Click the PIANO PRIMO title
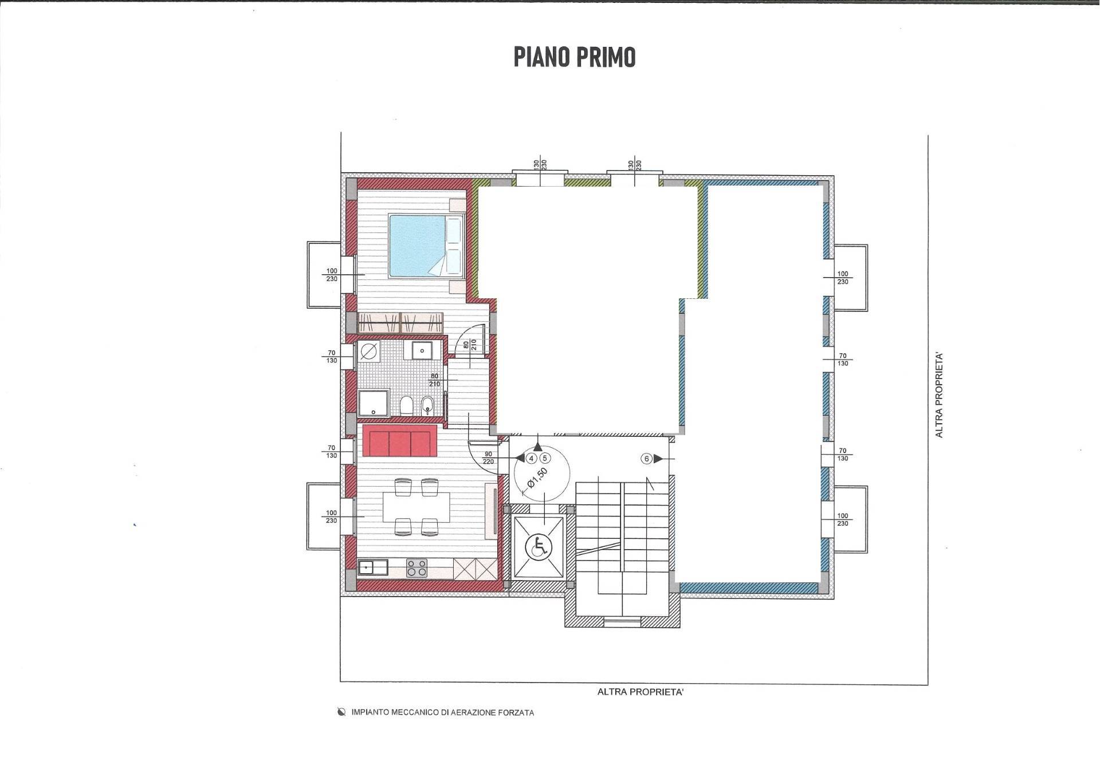(x=574, y=57)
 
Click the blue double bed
(x=425, y=246)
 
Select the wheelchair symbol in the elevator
(x=538, y=547)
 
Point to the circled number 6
(x=647, y=459)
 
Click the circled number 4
(x=531, y=458)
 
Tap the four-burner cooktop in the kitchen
(x=417, y=567)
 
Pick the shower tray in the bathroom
(x=374, y=403)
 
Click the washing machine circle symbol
(x=369, y=350)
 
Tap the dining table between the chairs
(x=416, y=507)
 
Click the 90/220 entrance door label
(x=488, y=457)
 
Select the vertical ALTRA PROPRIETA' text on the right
(x=939, y=395)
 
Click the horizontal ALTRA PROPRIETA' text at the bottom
(x=640, y=692)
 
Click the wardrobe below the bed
(x=400, y=323)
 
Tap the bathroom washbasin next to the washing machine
(x=422, y=349)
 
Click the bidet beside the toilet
(x=427, y=407)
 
